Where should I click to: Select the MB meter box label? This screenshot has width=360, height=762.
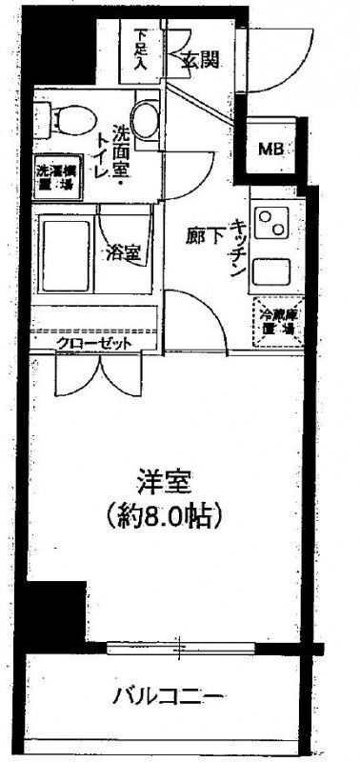tap(272, 148)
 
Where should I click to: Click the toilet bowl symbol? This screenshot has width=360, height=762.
tap(62, 119)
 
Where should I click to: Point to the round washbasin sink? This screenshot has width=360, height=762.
tap(145, 120)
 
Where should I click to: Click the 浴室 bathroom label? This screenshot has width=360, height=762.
tap(125, 253)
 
